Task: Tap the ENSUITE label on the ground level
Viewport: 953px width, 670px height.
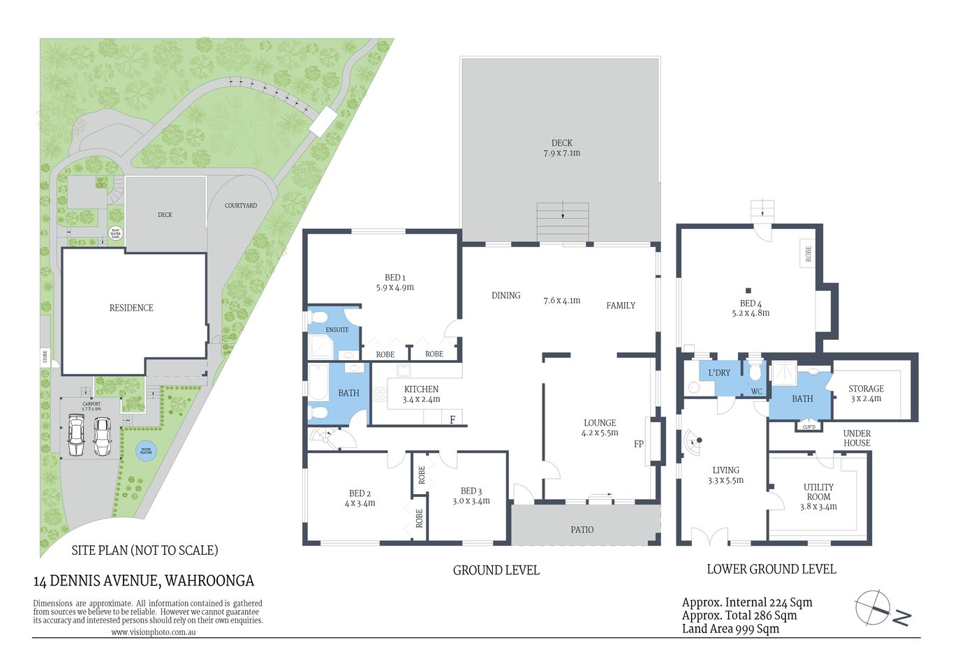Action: pyautogui.click(x=337, y=329)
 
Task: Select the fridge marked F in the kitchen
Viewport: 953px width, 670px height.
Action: pyautogui.click(x=452, y=419)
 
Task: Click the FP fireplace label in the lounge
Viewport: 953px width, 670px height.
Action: pyautogui.click(x=638, y=444)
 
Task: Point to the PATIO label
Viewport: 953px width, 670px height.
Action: pyautogui.click(x=582, y=530)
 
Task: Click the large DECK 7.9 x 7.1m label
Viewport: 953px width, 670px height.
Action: pyautogui.click(x=561, y=147)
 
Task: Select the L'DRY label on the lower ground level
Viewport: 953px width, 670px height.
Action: pyautogui.click(x=719, y=373)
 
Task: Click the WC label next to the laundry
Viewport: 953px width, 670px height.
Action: pyautogui.click(x=757, y=392)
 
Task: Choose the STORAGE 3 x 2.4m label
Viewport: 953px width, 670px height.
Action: pyautogui.click(x=866, y=394)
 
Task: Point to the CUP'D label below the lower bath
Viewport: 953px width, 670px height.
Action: pyautogui.click(x=809, y=426)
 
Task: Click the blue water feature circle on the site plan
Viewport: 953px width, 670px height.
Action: pyautogui.click(x=146, y=451)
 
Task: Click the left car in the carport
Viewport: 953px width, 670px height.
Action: pyautogui.click(x=76, y=435)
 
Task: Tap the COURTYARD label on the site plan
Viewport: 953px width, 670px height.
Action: pyautogui.click(x=241, y=206)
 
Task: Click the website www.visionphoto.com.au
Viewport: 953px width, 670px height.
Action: pyautogui.click(x=153, y=632)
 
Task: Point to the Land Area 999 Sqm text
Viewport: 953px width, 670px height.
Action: pyautogui.click(x=730, y=629)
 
